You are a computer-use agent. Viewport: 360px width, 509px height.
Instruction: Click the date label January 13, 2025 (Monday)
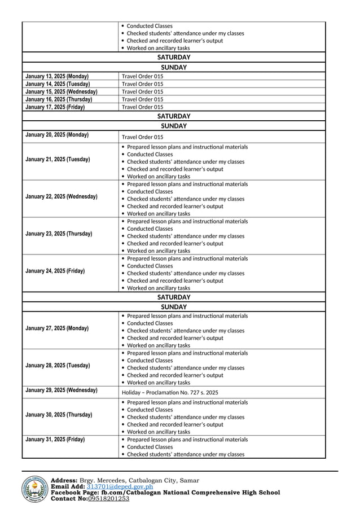pyautogui.click(x=57, y=76)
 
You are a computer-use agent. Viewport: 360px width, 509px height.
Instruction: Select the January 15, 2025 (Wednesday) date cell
pyautogui.click(x=62, y=91)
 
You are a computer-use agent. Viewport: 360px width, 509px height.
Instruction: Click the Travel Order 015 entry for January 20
pyautogui.click(x=143, y=137)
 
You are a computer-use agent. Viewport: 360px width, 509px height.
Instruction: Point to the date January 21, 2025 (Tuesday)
pyautogui.click(x=58, y=160)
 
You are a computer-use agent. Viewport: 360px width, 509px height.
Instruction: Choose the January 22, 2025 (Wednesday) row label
pyautogui.click(x=62, y=197)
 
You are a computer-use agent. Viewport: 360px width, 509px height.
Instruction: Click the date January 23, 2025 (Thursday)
pyautogui.click(x=59, y=234)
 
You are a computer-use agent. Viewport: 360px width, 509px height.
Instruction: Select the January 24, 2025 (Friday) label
pyautogui.click(x=55, y=271)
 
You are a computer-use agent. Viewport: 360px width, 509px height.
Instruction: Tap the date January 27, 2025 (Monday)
pyautogui.click(x=57, y=328)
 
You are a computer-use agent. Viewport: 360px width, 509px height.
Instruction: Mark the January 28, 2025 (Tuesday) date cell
pyautogui.click(x=58, y=366)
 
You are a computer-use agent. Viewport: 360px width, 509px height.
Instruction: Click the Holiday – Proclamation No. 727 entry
pyautogui.click(x=170, y=392)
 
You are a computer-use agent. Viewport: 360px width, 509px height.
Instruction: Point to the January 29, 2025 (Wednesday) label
pyautogui.click(x=62, y=390)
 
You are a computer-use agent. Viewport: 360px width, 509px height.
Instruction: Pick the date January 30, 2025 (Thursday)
pyautogui.click(x=59, y=415)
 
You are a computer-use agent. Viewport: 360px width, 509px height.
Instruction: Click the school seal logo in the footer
pyautogui.click(x=35, y=489)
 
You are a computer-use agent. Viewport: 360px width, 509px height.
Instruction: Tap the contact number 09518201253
pyautogui.click(x=109, y=498)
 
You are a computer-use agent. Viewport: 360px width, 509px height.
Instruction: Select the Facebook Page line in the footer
pyautogui.click(x=165, y=492)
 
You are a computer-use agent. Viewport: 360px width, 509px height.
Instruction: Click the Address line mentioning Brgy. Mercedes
pyautogui.click(x=125, y=480)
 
